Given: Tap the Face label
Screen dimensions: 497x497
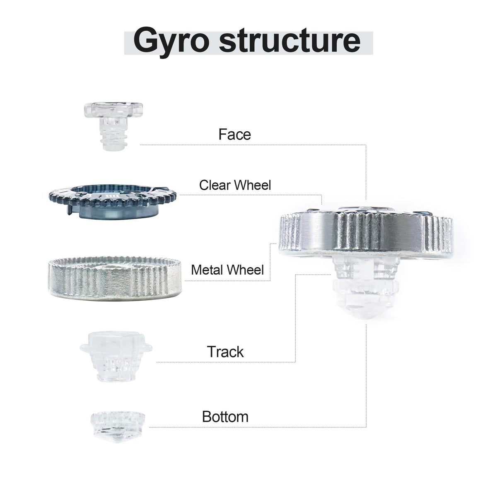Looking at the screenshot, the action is click(x=234, y=134).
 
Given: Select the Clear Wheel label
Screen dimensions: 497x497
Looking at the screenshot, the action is click(x=235, y=185).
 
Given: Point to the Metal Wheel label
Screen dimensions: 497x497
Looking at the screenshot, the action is click(x=227, y=270).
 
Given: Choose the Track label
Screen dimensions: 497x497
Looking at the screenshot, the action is click(x=225, y=352).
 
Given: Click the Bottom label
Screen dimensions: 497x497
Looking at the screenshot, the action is click(x=225, y=417).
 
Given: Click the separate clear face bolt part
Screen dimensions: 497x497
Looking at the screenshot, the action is click(x=113, y=126).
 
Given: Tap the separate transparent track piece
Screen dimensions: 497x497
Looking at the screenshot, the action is click(x=116, y=357).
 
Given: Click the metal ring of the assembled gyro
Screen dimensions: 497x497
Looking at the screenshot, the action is click(x=366, y=234).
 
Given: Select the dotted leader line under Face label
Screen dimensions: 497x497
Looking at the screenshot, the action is click(x=253, y=145).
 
